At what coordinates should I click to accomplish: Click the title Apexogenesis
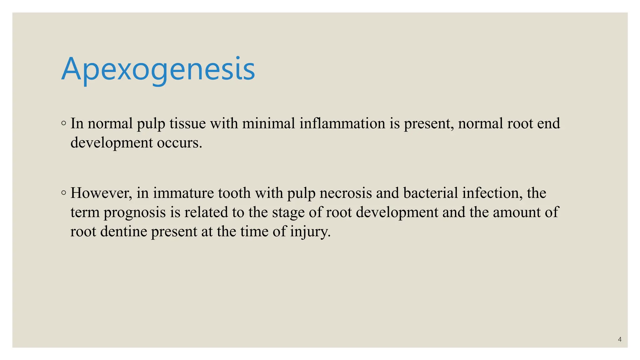coord(158,69)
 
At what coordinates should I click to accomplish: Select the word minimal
coord(268,123)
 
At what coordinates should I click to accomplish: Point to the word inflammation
coord(342,123)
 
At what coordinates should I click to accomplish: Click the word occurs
coord(179,143)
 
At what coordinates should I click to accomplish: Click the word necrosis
coord(345,193)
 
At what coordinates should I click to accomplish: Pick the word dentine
coord(123,232)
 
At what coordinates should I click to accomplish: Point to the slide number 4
coord(620,339)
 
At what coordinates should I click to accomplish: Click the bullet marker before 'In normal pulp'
coord(64,123)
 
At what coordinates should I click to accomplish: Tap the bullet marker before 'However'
coord(64,193)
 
